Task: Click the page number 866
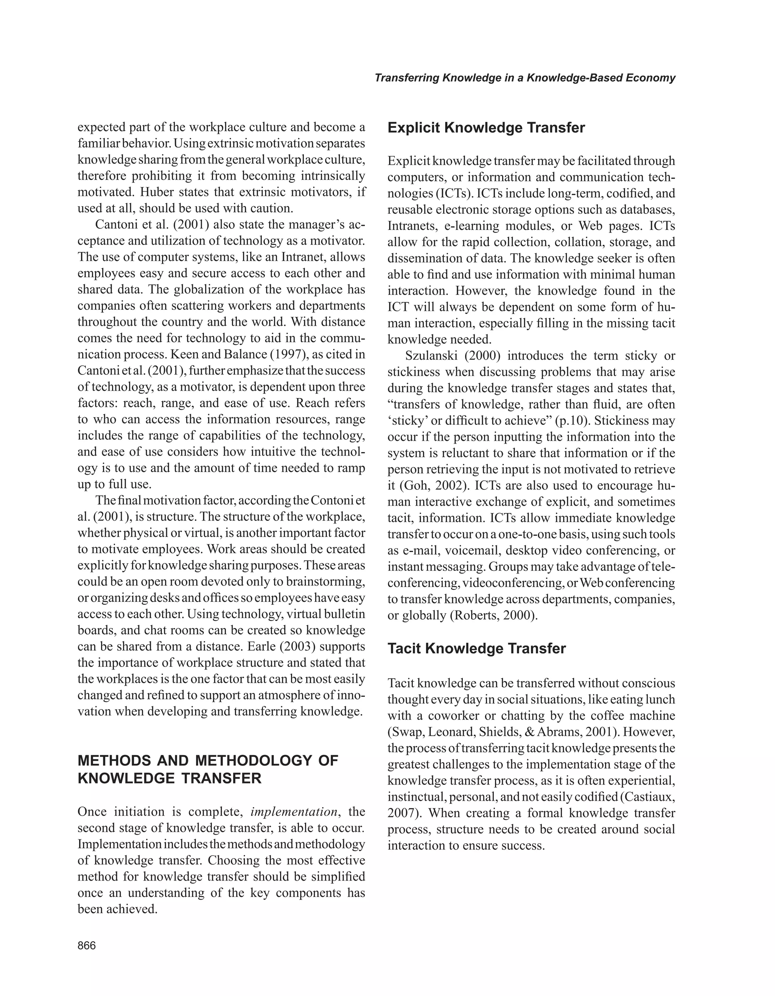tap(87, 945)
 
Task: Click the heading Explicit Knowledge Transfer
tap(486, 128)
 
